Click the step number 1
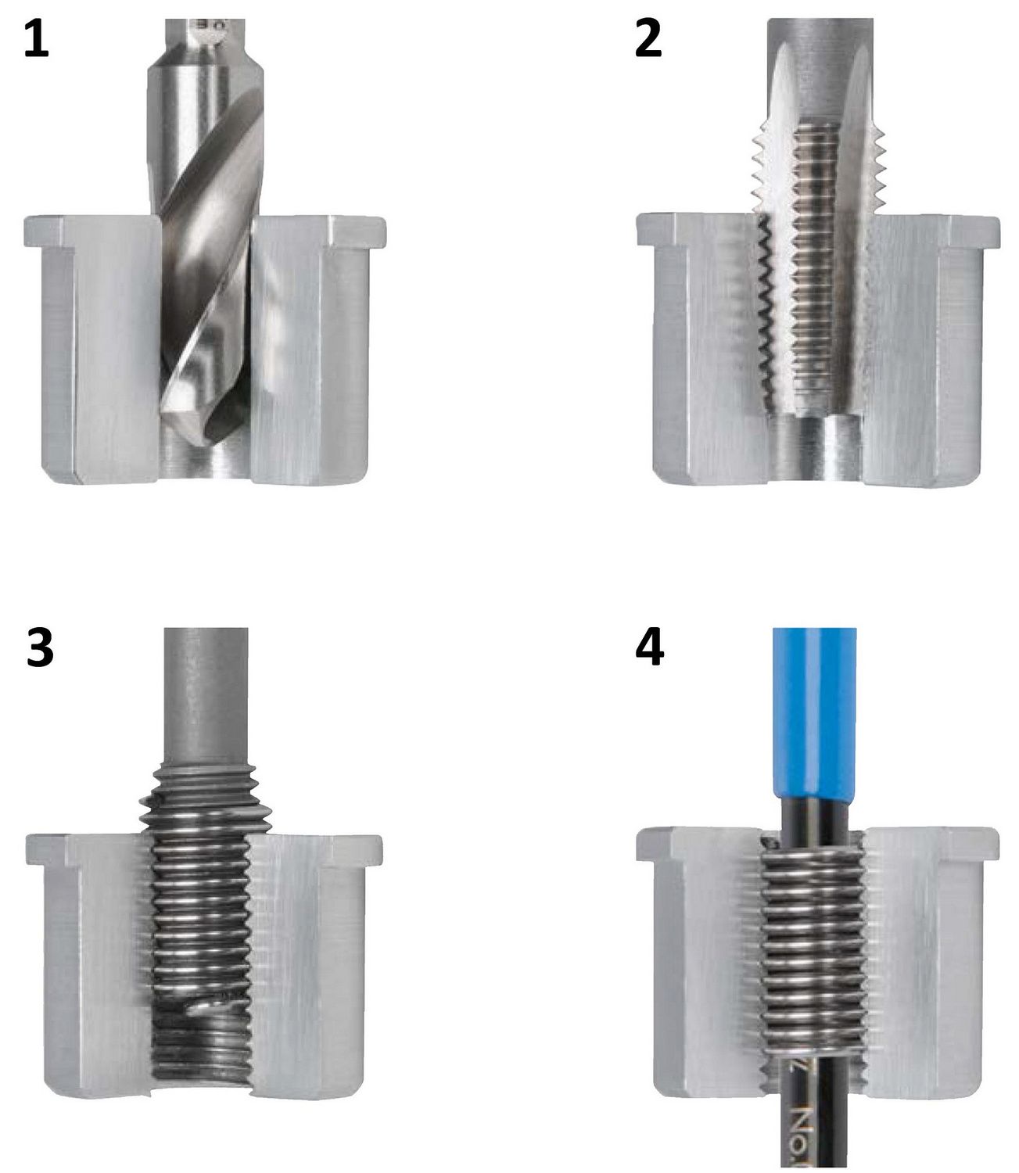[x=36, y=39]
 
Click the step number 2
[x=648, y=39]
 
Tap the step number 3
[x=39, y=650]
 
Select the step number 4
[x=650, y=648]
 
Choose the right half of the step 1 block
[x=313, y=352]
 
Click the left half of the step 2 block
[x=704, y=352]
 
